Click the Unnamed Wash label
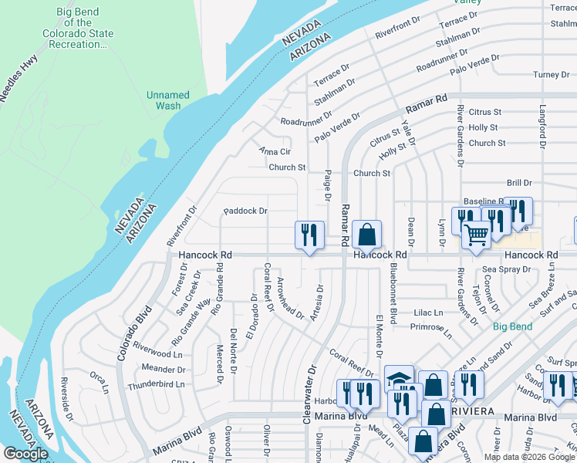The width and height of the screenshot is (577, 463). click(x=167, y=100)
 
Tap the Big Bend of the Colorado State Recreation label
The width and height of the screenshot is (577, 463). click(x=85, y=29)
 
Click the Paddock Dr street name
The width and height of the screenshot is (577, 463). click(x=245, y=211)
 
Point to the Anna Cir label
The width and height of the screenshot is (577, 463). click(x=275, y=151)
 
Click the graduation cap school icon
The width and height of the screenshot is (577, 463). click(x=398, y=378)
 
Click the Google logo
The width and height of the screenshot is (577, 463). click(x=25, y=454)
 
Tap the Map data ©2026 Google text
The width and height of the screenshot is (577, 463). click(x=528, y=457)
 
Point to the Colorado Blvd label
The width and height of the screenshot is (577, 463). click(x=130, y=335)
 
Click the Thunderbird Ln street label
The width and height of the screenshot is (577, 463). click(x=157, y=384)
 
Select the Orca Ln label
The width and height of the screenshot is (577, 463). click(x=98, y=378)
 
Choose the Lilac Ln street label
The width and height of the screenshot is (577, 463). click(x=428, y=313)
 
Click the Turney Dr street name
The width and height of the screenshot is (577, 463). click(x=551, y=75)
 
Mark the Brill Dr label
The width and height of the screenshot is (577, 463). click(x=519, y=183)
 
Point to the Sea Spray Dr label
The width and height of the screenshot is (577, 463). click(x=506, y=269)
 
